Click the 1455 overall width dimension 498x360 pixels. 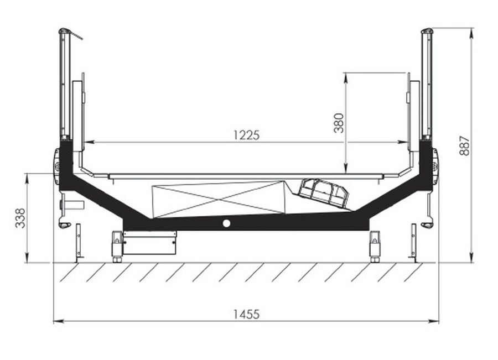pos(246,314)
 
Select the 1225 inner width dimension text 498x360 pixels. pos(246,135)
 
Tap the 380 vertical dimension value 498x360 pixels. pos(339,123)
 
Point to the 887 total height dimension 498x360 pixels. pos(464,146)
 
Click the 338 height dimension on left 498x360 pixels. pos(20,218)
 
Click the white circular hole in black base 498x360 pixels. pos(226,223)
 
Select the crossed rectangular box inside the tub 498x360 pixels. pos(219,200)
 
